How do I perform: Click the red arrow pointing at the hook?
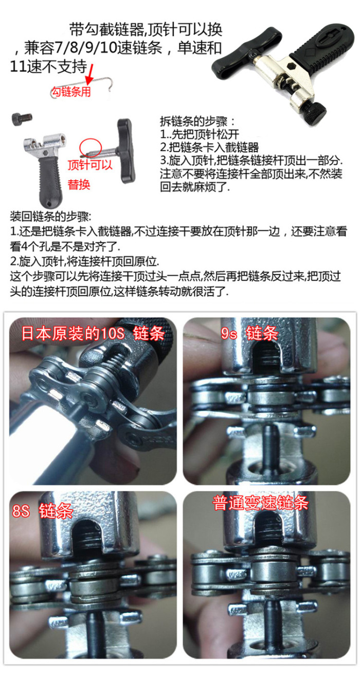click(89, 75)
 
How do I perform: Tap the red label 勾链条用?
click(71, 92)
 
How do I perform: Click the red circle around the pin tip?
click(90, 148)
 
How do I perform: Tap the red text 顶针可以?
click(90, 165)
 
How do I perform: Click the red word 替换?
click(79, 184)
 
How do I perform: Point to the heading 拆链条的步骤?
click(197, 121)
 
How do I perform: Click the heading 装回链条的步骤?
click(50, 217)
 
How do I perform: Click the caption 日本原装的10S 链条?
click(93, 333)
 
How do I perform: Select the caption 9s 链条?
click(249, 333)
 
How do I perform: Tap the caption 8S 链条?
click(42, 510)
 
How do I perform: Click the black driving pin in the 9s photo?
click(268, 445)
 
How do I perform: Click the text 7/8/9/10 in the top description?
click(85, 48)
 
